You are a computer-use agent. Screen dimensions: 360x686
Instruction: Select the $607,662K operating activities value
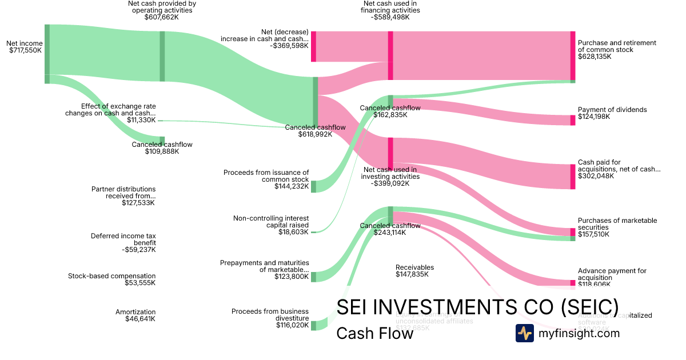click(162, 17)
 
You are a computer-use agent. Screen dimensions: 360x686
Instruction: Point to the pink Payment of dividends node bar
click(573, 120)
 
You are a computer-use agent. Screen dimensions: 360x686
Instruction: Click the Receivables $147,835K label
click(414, 271)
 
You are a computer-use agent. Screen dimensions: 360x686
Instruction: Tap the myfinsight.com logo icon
click(524, 333)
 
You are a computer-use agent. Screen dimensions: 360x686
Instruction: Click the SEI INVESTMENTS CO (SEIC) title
click(477, 307)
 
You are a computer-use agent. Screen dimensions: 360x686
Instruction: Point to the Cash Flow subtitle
click(374, 334)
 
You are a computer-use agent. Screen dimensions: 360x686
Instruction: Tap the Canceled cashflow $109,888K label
click(162, 148)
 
